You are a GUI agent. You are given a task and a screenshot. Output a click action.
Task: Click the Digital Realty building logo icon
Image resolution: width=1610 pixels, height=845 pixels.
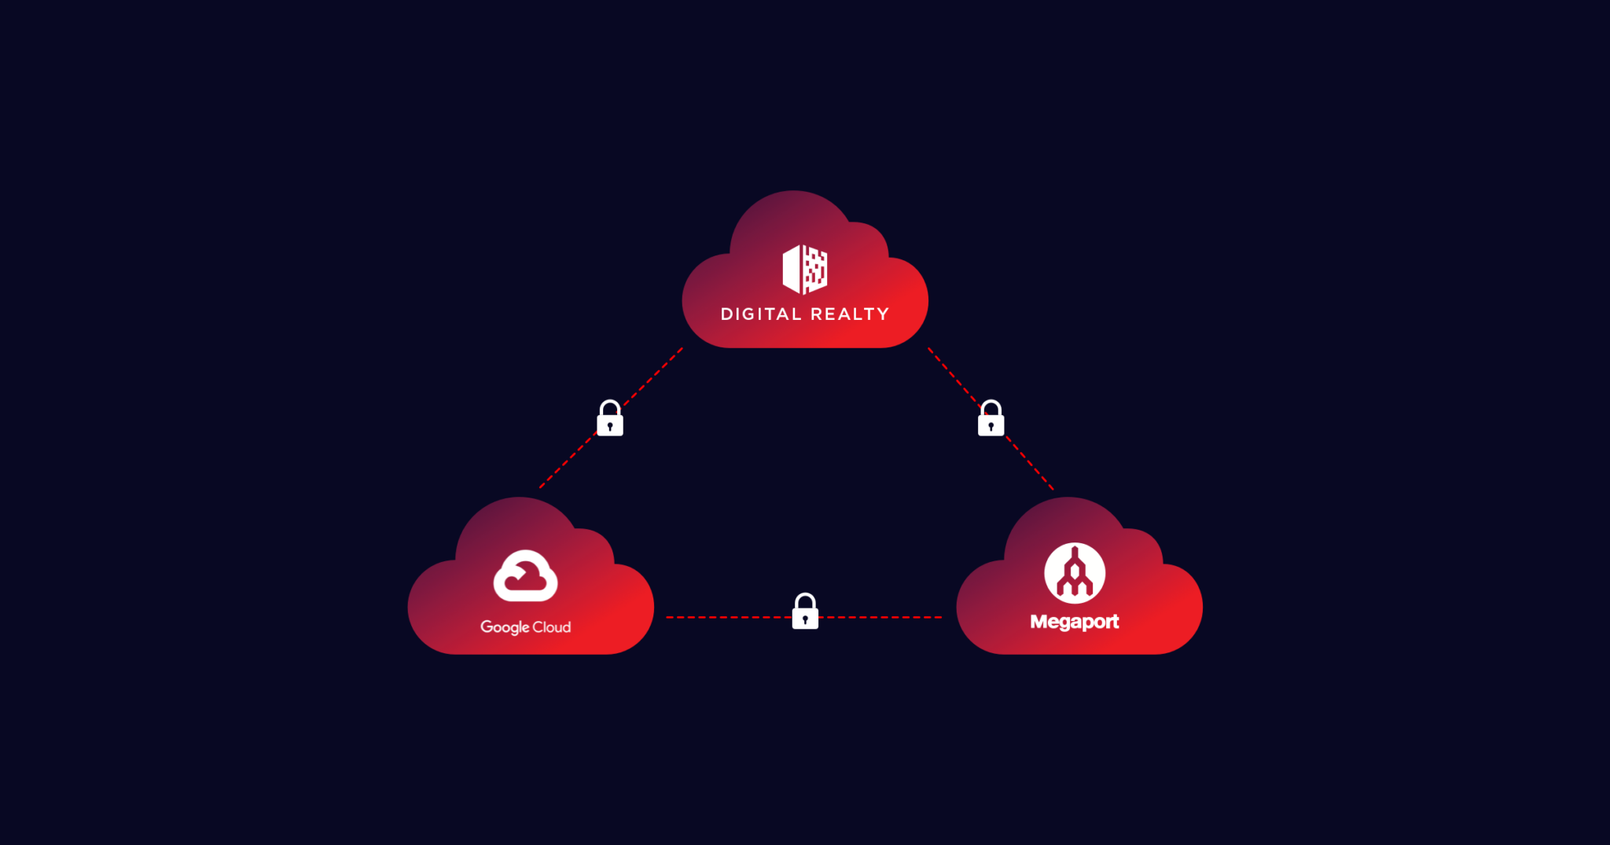(805, 269)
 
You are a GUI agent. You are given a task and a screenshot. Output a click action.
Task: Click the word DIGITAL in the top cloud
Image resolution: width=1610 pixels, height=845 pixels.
(760, 314)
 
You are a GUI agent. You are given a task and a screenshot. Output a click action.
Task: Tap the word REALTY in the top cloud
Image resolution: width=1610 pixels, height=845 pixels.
(850, 314)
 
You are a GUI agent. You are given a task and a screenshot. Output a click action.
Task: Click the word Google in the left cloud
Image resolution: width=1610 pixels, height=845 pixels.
(505, 627)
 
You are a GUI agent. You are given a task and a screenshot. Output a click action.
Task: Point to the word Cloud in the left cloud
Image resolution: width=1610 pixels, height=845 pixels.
(552, 627)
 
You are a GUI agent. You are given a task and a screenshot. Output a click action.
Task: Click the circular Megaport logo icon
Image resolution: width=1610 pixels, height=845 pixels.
(1074, 573)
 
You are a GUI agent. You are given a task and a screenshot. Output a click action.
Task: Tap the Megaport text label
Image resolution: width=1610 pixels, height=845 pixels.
(1074, 622)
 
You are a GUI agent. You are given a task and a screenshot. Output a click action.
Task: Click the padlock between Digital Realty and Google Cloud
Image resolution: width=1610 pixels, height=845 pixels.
(610, 419)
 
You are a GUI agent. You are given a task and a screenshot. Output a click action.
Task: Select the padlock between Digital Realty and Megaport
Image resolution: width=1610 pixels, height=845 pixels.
(991, 419)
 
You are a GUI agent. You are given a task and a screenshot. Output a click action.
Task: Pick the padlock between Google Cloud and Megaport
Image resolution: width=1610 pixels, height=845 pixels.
(805, 612)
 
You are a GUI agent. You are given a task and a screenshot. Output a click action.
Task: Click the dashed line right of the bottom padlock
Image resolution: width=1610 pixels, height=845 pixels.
(880, 618)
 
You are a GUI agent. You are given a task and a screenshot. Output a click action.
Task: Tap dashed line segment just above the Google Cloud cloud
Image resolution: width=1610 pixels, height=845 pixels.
(558, 470)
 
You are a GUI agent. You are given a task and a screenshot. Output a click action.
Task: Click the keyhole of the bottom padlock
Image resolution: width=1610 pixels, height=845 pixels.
(805, 619)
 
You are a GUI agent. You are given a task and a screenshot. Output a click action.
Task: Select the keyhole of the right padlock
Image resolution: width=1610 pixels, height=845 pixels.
(991, 426)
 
